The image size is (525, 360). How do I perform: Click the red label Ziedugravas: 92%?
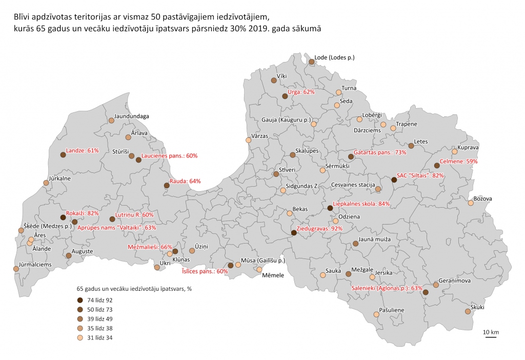319,229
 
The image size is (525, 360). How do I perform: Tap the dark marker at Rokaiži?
63,217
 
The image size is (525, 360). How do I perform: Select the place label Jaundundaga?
132,116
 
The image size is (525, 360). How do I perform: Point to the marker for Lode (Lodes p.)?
311,62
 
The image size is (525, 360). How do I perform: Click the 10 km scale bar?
491,337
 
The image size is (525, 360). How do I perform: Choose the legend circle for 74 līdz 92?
79,300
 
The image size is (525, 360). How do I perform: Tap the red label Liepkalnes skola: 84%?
361,204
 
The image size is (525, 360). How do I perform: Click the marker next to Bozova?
471,203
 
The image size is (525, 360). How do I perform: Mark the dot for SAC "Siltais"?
394,179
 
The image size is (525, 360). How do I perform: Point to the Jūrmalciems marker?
16,269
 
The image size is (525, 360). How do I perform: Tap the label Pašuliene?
392,310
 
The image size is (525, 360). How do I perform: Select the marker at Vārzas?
249,140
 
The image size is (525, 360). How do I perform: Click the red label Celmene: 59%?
459,161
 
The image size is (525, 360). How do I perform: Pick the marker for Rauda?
166,186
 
